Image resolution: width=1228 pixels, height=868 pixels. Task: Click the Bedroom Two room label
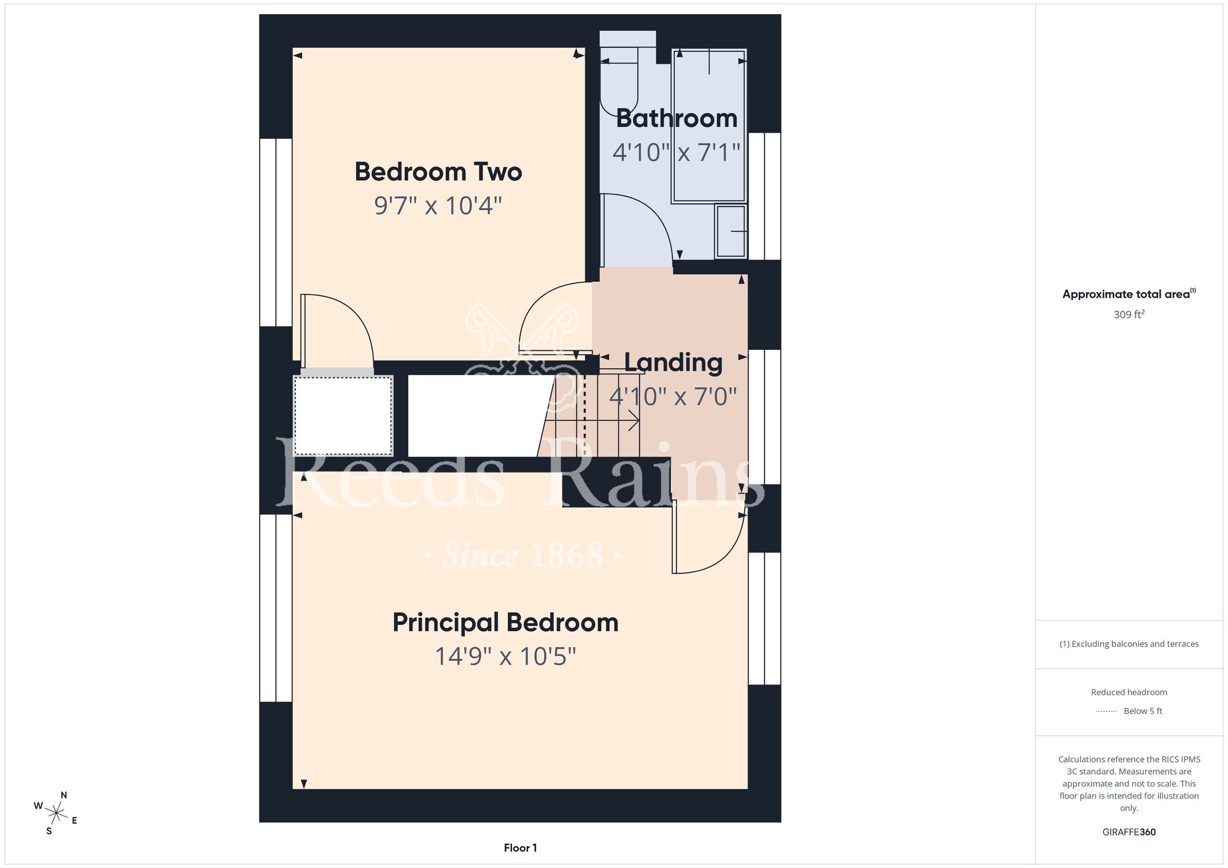pyautogui.click(x=438, y=171)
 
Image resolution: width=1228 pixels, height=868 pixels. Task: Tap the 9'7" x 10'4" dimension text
pyautogui.click(x=438, y=206)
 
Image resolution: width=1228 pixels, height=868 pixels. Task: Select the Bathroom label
pyautogui.click(x=677, y=118)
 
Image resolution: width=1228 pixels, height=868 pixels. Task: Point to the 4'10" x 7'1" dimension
pyautogui.click(x=677, y=152)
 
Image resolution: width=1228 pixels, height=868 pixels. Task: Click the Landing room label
pyautogui.click(x=673, y=363)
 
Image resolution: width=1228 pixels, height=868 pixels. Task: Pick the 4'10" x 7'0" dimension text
pyautogui.click(x=673, y=397)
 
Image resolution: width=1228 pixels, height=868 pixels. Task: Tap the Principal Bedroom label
pyautogui.click(x=505, y=622)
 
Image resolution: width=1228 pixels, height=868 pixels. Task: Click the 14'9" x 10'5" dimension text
pyautogui.click(x=505, y=656)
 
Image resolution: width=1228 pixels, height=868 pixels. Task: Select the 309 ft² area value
pyautogui.click(x=1129, y=314)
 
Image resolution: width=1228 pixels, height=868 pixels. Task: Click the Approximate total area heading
pyautogui.click(x=1129, y=294)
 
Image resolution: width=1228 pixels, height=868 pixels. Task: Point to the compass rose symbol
pyautogui.click(x=56, y=814)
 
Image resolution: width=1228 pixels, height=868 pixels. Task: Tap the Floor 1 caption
pyautogui.click(x=520, y=848)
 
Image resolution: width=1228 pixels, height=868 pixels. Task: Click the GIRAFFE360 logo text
pyautogui.click(x=1129, y=832)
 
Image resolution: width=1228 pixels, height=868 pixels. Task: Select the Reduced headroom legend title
pyautogui.click(x=1129, y=692)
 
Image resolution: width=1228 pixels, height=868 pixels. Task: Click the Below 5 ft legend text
pyautogui.click(x=1143, y=711)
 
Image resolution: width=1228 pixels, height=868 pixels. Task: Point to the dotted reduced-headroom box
pyautogui.click(x=343, y=416)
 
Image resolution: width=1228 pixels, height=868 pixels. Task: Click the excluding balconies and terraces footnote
pyautogui.click(x=1129, y=644)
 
